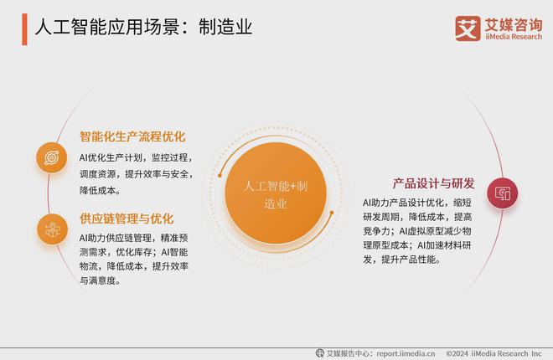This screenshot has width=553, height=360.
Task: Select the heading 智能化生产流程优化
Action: [132, 136]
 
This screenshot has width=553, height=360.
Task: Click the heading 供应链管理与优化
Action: [127, 219]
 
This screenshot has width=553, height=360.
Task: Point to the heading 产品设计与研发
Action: [433, 183]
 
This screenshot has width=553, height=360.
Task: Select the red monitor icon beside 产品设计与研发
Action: [502, 193]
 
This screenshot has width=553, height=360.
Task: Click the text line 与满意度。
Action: [101, 280]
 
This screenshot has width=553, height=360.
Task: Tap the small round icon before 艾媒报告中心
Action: [319, 352]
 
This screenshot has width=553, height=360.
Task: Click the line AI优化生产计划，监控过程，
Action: [137, 157]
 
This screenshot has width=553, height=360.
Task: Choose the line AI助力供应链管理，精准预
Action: [137, 239]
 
